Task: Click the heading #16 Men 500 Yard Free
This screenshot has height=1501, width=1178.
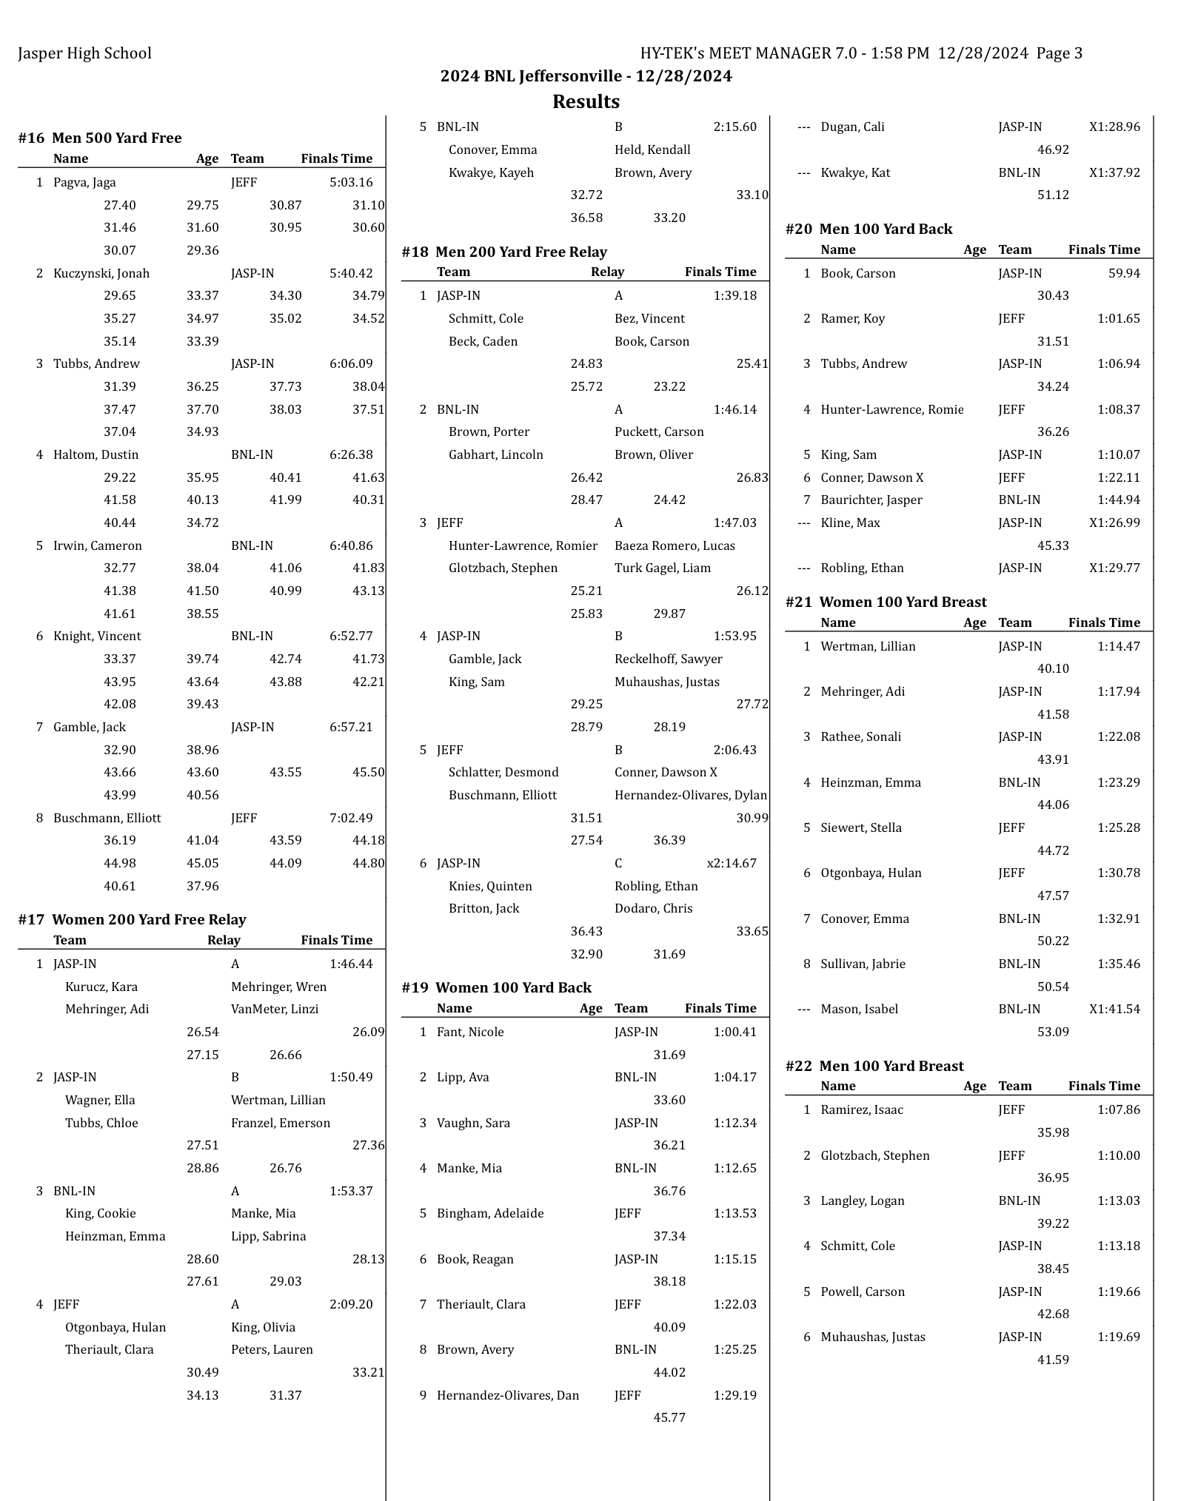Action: (100, 138)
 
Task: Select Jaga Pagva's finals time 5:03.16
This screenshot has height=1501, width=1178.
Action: (351, 182)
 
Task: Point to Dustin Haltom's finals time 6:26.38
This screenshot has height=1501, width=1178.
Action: (351, 454)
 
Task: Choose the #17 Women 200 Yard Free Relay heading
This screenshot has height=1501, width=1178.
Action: (132, 919)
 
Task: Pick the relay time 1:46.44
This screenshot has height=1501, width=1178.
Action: (351, 964)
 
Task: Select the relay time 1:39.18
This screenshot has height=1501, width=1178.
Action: (735, 295)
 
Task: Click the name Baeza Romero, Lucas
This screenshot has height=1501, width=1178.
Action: (675, 545)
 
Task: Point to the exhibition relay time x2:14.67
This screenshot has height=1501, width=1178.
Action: (732, 863)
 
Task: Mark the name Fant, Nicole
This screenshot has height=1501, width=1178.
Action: (470, 1032)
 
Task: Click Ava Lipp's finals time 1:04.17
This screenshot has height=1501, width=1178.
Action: (735, 1077)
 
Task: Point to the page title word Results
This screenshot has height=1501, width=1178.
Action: (586, 101)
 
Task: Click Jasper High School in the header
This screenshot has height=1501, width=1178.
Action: (84, 53)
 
